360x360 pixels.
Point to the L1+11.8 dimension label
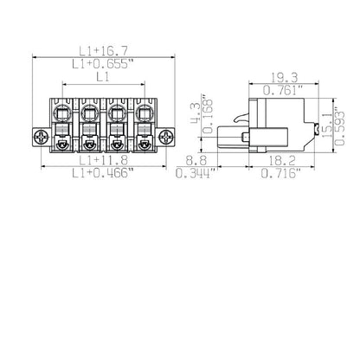tap(103, 161)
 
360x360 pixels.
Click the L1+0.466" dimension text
tap(103, 174)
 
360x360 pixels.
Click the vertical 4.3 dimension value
tap(196, 111)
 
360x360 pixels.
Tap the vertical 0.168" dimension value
tap(208, 111)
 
